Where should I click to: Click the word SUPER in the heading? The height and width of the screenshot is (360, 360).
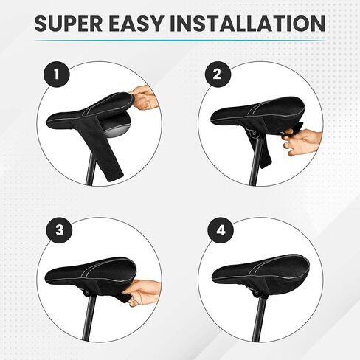pyautogui.click(x=68, y=24)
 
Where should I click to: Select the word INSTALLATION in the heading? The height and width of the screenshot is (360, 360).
pyautogui.click(x=248, y=24)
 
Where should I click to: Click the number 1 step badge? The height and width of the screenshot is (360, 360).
pyautogui.click(x=56, y=74)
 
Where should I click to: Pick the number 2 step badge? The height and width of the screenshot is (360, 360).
pyautogui.click(x=217, y=74)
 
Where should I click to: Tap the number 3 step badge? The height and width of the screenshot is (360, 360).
pyautogui.click(x=60, y=230)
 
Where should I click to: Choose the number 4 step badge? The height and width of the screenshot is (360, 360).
pyautogui.click(x=221, y=230)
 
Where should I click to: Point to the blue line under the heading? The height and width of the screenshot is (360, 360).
pyautogui.click(x=180, y=40)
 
